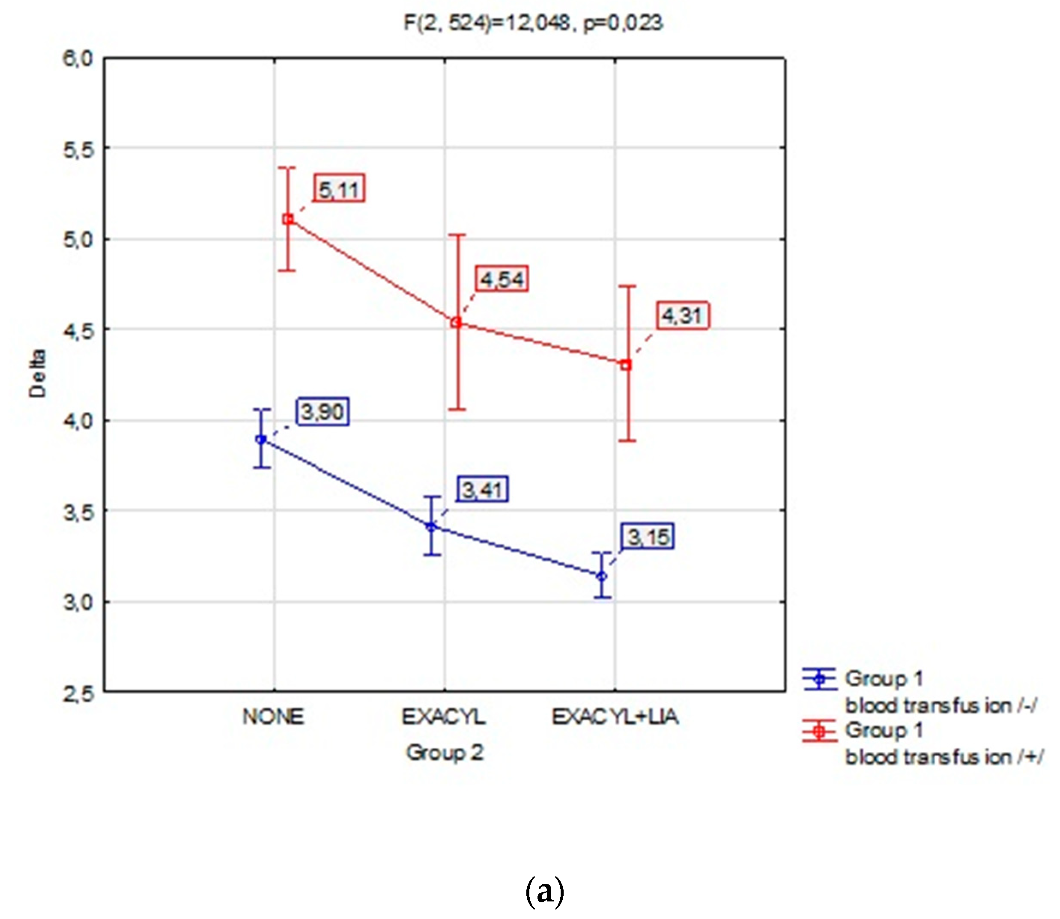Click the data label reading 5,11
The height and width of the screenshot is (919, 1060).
click(339, 189)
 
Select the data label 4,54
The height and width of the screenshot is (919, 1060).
click(501, 280)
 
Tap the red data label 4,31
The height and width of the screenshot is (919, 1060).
click(682, 315)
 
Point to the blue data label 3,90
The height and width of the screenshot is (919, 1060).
click(322, 411)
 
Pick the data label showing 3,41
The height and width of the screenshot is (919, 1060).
click(481, 489)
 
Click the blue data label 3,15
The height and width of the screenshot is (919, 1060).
click(648, 537)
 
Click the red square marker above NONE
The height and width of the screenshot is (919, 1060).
click(288, 220)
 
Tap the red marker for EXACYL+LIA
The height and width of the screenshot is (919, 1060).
click(626, 365)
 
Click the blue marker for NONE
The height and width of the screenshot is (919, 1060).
click(261, 439)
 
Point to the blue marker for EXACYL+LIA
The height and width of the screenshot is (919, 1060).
click(602, 576)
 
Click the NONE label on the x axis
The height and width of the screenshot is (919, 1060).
click(274, 717)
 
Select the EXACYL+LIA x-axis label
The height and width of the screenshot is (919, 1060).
click(615, 717)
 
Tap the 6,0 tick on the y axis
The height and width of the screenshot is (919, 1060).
click(78, 59)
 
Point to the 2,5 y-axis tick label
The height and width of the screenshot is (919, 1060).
click(78, 694)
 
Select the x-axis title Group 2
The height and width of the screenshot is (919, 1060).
click(444, 752)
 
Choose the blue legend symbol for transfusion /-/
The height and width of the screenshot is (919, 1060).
click(819, 679)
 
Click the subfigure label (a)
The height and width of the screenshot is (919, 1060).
click(544, 891)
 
